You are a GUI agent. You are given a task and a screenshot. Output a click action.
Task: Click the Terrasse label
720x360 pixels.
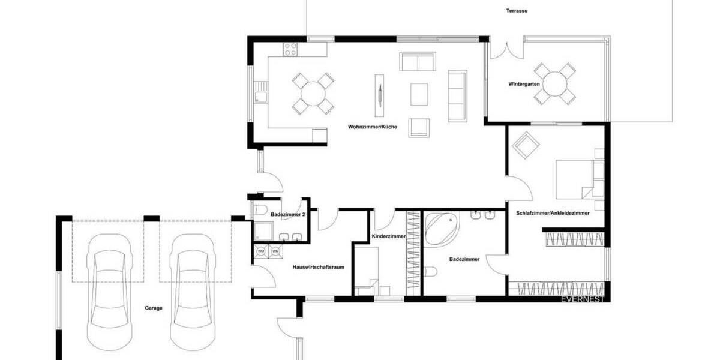pos(517,11)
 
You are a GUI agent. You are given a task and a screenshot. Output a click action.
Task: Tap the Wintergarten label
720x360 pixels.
pos(522,84)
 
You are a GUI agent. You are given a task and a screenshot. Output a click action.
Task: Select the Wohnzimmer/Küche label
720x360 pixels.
pos(372,127)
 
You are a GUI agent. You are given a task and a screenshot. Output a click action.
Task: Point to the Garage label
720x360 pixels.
pos(154,308)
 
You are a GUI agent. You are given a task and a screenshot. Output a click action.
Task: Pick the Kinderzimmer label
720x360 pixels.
pos(389,237)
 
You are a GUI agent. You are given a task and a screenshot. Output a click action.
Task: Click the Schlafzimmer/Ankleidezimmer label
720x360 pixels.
pos(553,213)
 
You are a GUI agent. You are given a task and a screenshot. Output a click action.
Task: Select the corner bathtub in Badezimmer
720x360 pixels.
pos(441,229)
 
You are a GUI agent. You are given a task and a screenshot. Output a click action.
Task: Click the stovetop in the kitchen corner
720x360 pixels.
pos(292,47)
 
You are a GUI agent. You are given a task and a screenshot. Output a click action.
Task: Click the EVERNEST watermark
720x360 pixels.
pos(581,298)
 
